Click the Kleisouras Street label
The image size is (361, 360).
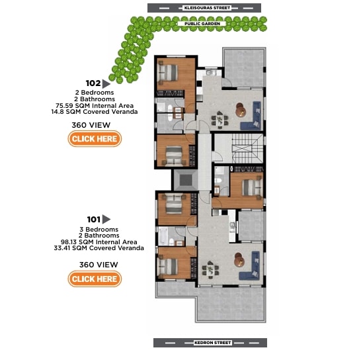pyautogui.click(x=207, y=8)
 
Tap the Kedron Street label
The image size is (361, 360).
pyautogui.click(x=212, y=343)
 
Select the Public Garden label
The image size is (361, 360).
pyautogui.click(x=202, y=24)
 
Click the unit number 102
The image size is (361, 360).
pyautogui.click(x=93, y=83)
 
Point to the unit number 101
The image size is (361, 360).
pyautogui.click(x=93, y=220)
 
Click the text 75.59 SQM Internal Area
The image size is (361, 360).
pyautogui.click(x=95, y=106)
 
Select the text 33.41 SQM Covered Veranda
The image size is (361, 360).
pyautogui.click(x=99, y=248)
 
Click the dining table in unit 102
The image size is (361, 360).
pyautogui.click(x=220, y=120)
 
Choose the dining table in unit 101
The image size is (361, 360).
pyautogui.click(x=210, y=269)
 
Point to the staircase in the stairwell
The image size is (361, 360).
pyautogui.click(x=247, y=149)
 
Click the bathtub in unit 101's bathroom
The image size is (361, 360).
pyautogui.click(x=163, y=236)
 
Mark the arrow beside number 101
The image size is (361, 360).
pyautogui.click(x=106, y=219)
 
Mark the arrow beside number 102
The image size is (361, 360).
pyautogui.click(x=106, y=84)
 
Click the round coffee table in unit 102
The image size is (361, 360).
pyautogui.click(x=241, y=110)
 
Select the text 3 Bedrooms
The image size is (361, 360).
pyautogui.click(x=99, y=230)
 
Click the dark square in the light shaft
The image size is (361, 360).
pyautogui.click(x=186, y=180)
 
